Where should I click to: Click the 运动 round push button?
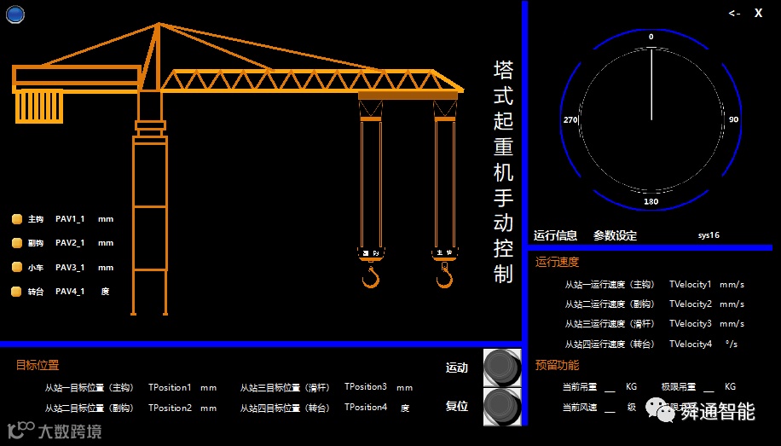[x=502, y=368]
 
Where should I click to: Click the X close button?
[x=758, y=13]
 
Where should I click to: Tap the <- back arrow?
[x=734, y=13]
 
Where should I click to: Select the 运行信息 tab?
[x=555, y=235]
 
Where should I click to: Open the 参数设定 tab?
[x=615, y=235]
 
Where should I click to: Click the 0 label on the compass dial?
[x=651, y=37]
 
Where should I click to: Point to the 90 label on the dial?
[x=733, y=119]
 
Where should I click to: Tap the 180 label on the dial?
[x=651, y=201]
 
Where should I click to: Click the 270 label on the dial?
[x=570, y=119]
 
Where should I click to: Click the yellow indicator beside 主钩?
[x=16, y=219]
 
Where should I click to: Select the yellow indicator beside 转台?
[x=16, y=292]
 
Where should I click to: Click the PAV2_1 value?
[x=70, y=243]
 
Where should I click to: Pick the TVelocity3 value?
[x=690, y=324]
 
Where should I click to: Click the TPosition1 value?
[x=170, y=387]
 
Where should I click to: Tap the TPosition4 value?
[x=366, y=408]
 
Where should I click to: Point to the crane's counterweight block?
[x=39, y=107]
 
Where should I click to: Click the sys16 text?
[x=709, y=235]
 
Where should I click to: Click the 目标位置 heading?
[x=38, y=365]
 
